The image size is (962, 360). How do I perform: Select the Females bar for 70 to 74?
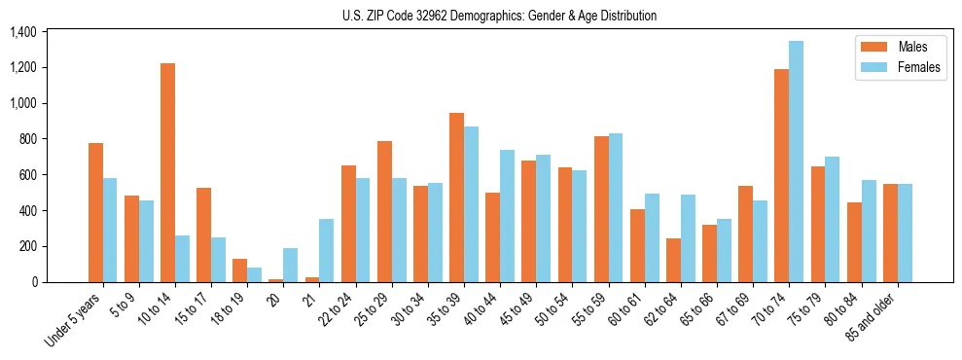[796, 162]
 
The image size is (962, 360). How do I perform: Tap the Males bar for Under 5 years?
[95, 212]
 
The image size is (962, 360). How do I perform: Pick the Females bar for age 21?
[326, 250]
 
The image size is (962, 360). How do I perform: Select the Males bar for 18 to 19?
[239, 270]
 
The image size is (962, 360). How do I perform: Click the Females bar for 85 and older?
[905, 233]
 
